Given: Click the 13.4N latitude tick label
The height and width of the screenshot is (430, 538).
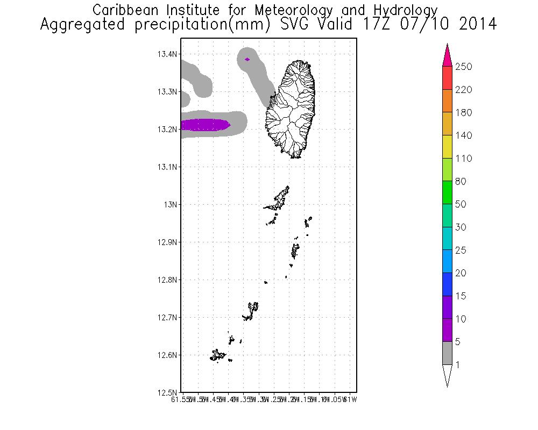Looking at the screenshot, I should (167, 54).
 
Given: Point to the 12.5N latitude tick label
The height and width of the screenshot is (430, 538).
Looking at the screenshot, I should (167, 392).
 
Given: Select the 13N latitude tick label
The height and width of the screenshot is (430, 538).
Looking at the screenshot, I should (170, 205).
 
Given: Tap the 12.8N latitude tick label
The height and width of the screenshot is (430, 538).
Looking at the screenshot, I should (167, 280).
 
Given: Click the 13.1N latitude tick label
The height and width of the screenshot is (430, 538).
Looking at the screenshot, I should (167, 167).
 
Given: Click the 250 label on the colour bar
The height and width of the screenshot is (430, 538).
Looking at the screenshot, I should (463, 67).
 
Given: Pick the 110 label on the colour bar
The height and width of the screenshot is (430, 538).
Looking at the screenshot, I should (463, 159).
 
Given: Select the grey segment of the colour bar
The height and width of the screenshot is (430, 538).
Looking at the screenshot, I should (447, 353).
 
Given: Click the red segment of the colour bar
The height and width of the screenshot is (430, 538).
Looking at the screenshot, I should (447, 78).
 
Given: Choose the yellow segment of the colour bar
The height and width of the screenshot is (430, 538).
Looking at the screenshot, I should (447, 147).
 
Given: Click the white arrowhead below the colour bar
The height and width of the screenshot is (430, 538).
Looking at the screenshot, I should (447, 375).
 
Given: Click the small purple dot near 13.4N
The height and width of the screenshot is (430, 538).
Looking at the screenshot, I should (247, 59).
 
